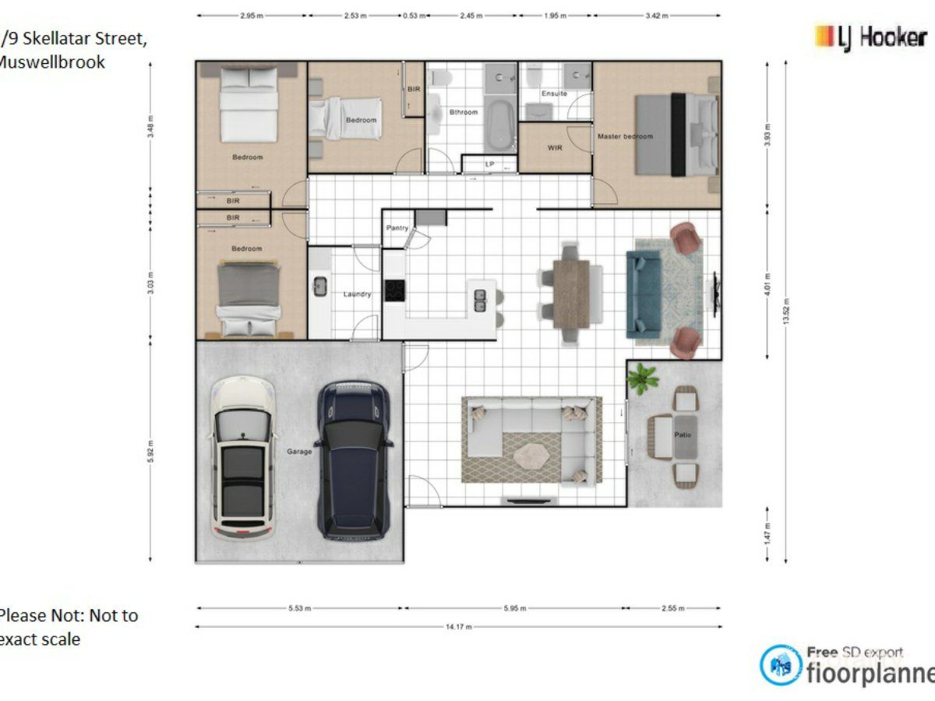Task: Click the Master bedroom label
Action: [x=625, y=136]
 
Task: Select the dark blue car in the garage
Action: [x=354, y=460]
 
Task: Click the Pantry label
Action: [x=397, y=228]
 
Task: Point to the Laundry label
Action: [x=357, y=294]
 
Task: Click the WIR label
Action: [x=555, y=147]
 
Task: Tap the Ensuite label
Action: [x=554, y=93]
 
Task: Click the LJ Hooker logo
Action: [x=870, y=37]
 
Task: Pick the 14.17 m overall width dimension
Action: [x=458, y=626]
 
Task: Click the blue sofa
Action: [x=644, y=292]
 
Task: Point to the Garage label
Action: [x=299, y=451]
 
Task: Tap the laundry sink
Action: [x=319, y=287]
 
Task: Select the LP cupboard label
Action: [x=489, y=164]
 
